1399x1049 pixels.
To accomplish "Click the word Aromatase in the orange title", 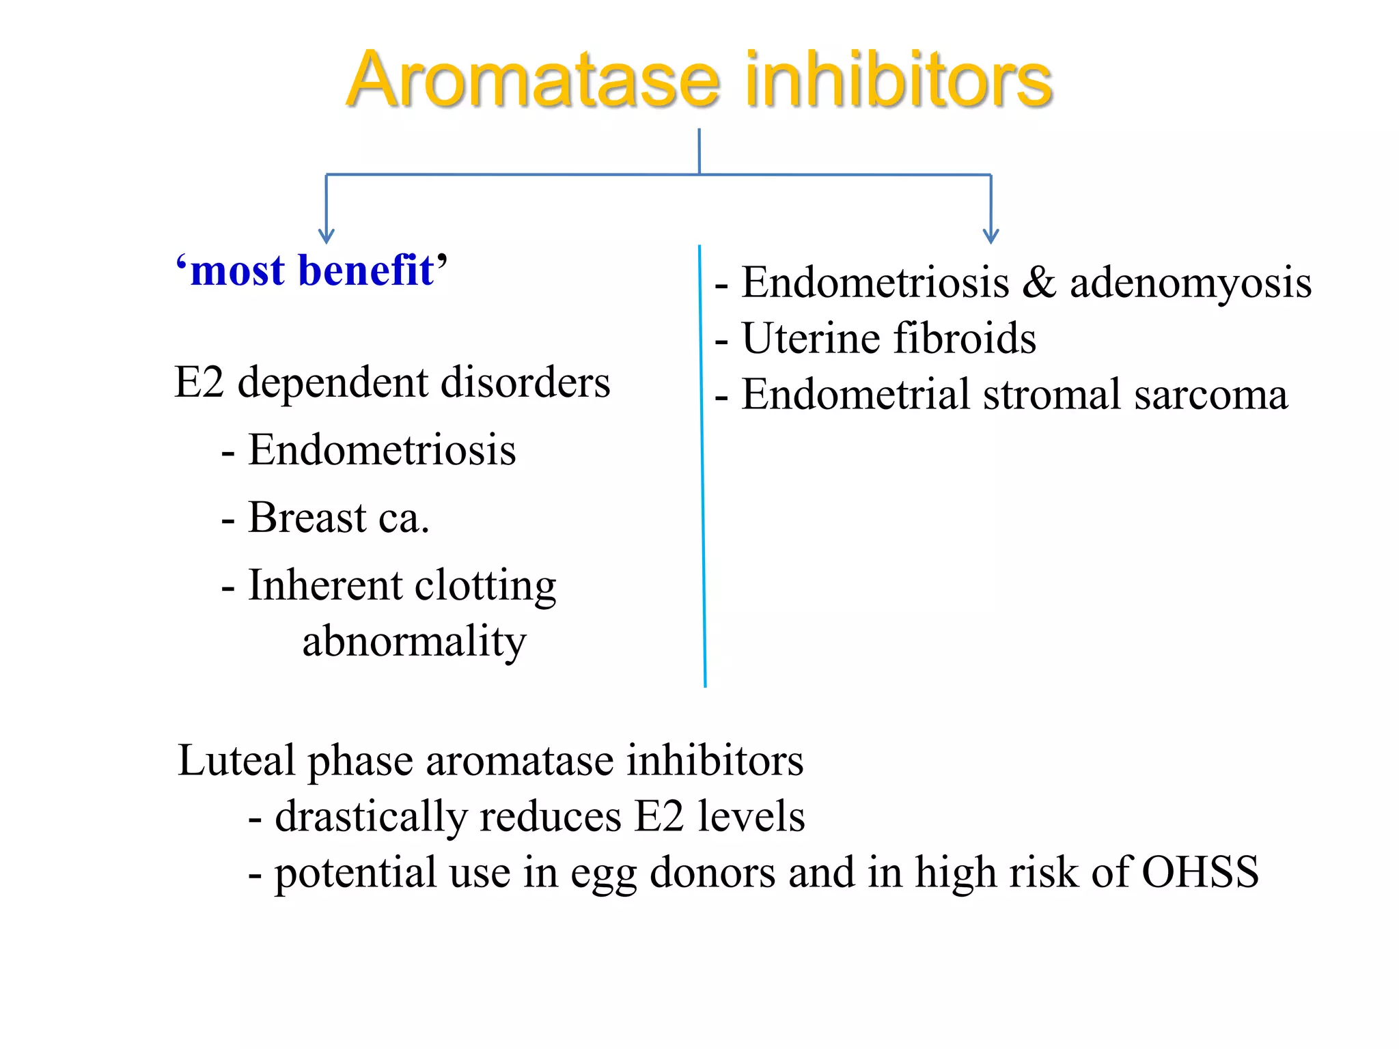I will tap(533, 80).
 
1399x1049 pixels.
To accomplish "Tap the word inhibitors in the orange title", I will tap(898, 80).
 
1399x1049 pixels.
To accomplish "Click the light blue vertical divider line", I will tap(702, 464).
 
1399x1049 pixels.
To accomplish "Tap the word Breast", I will tap(307, 517).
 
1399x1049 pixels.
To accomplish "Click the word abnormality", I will tap(414, 642).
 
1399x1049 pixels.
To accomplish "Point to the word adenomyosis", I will tap(1190, 283).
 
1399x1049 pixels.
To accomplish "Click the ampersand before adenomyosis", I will tap(1038, 282).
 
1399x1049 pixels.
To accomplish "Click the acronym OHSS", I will tap(1200, 872).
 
